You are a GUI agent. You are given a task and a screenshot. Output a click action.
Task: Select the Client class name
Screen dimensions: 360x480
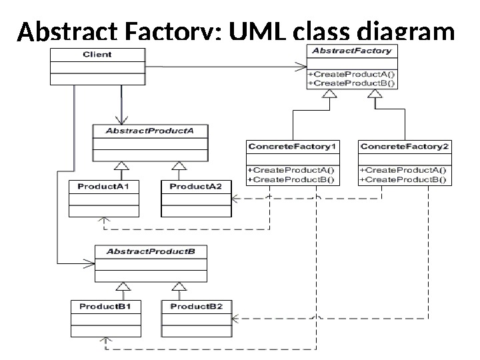97,54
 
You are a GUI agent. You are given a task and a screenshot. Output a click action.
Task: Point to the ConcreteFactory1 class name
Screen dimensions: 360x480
293,146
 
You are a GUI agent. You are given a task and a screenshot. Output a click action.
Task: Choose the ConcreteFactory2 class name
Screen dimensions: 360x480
404,146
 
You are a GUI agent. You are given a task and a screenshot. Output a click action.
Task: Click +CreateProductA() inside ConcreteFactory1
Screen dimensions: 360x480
292,170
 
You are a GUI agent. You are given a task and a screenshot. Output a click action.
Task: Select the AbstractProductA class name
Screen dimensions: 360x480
149,131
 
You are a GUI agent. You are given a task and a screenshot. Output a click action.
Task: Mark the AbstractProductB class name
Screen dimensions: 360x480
151,252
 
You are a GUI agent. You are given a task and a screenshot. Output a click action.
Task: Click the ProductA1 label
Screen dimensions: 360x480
103,187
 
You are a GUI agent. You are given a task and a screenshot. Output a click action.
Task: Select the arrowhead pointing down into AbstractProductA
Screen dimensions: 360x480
121,119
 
